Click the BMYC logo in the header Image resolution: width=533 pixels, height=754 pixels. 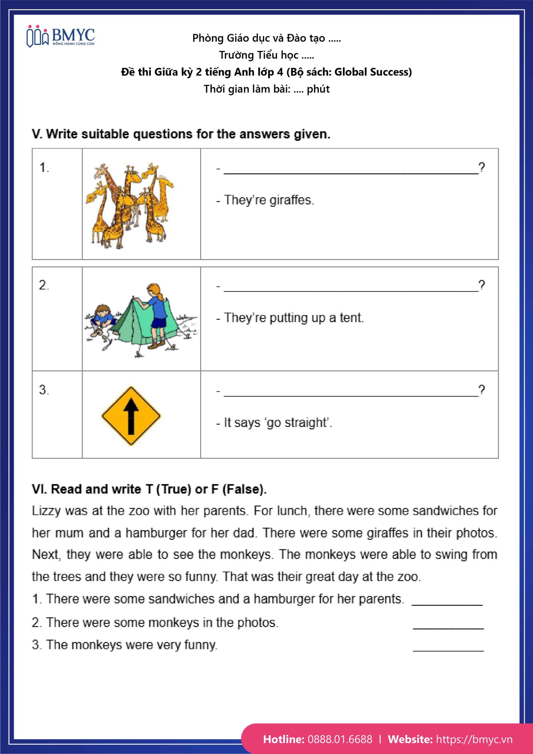pyautogui.click(x=60, y=36)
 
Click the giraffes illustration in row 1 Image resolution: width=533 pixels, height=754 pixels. pyautogui.click(x=130, y=206)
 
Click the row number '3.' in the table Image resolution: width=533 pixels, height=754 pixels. pyautogui.click(x=44, y=390)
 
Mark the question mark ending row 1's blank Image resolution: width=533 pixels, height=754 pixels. pyautogui.click(x=481, y=168)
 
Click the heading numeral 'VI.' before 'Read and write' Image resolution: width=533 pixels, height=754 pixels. pyautogui.click(x=39, y=489)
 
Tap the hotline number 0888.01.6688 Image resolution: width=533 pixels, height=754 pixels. pyautogui.click(x=340, y=739)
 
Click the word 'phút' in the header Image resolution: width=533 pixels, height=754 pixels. pyautogui.click(x=318, y=89)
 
